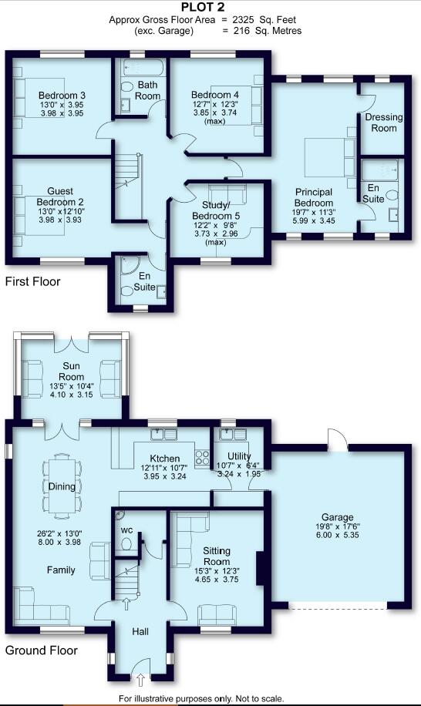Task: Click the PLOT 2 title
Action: tap(210, 7)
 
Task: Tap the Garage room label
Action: tap(338, 517)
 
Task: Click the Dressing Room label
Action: tap(383, 122)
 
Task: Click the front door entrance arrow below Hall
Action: tap(140, 679)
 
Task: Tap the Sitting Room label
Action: tap(217, 556)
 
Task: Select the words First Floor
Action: tap(32, 281)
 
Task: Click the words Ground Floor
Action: tap(42, 651)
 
